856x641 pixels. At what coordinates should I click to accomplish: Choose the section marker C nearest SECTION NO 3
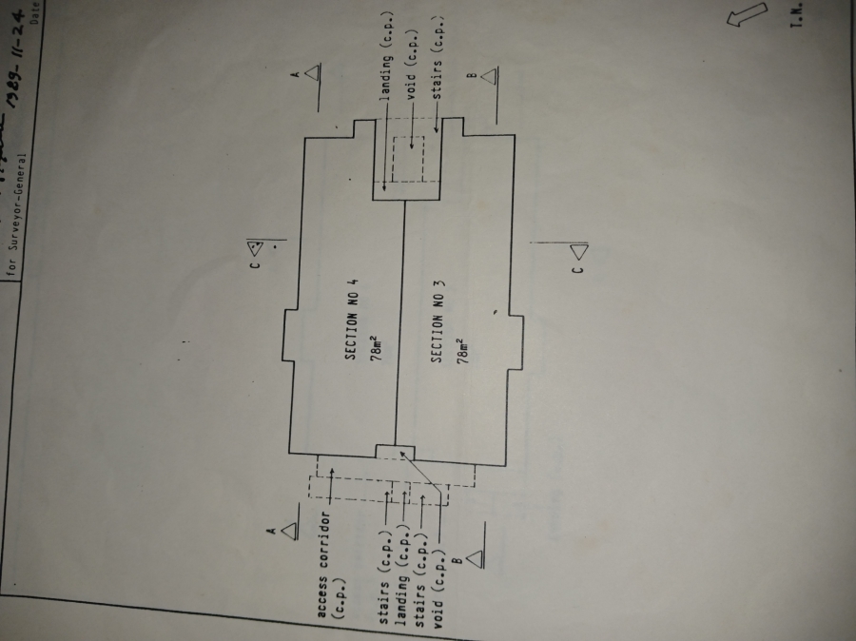click(578, 256)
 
